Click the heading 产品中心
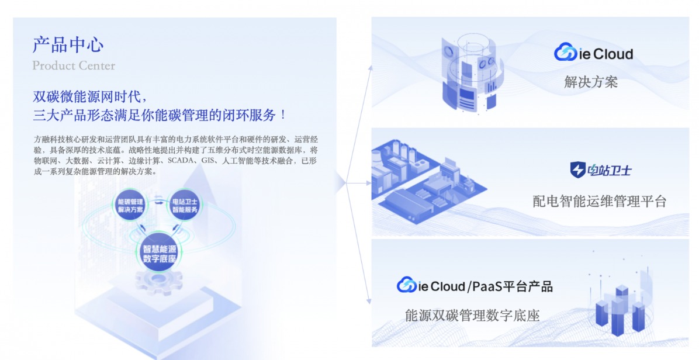click(x=68, y=45)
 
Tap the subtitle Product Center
click(x=74, y=66)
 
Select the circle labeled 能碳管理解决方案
click(x=130, y=205)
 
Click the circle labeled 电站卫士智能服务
click(x=185, y=205)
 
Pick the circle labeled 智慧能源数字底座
click(x=159, y=254)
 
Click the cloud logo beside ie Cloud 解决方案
click(x=565, y=53)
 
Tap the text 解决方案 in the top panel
click(x=591, y=82)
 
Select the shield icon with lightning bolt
click(x=578, y=169)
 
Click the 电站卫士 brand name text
click(x=610, y=170)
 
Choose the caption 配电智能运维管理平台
click(x=599, y=201)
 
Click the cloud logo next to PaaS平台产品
click(x=407, y=285)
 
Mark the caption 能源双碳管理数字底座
click(x=472, y=316)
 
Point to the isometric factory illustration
click(x=428, y=182)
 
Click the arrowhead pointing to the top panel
click(x=370, y=67)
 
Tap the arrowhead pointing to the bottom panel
click(x=369, y=301)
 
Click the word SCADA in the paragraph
click(x=179, y=161)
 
